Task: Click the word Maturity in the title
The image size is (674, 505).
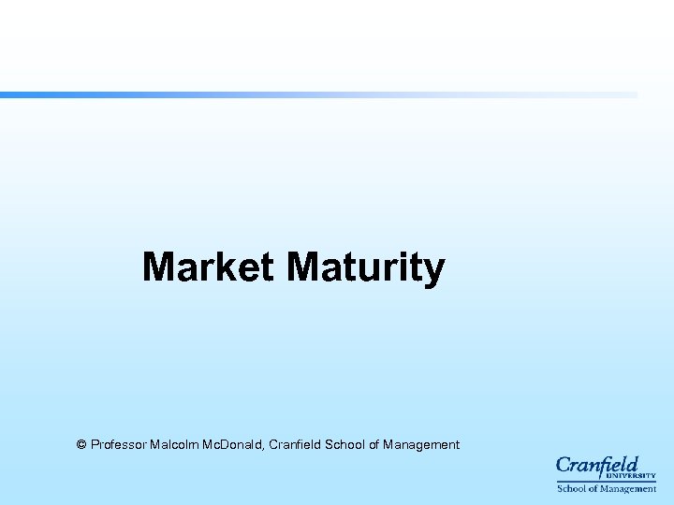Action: (x=366, y=268)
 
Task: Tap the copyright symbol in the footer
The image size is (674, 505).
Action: (x=81, y=445)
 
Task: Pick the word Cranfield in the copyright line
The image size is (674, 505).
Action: (x=294, y=445)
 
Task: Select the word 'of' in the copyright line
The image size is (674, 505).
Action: (x=374, y=445)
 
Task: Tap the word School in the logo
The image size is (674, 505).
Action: (x=571, y=488)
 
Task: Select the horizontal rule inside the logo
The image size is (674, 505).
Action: (x=607, y=482)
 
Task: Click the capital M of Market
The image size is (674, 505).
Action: (x=157, y=267)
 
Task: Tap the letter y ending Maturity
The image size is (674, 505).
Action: (x=435, y=271)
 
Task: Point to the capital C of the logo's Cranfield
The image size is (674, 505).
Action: (x=564, y=465)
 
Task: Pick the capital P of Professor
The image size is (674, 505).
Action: (x=95, y=445)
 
